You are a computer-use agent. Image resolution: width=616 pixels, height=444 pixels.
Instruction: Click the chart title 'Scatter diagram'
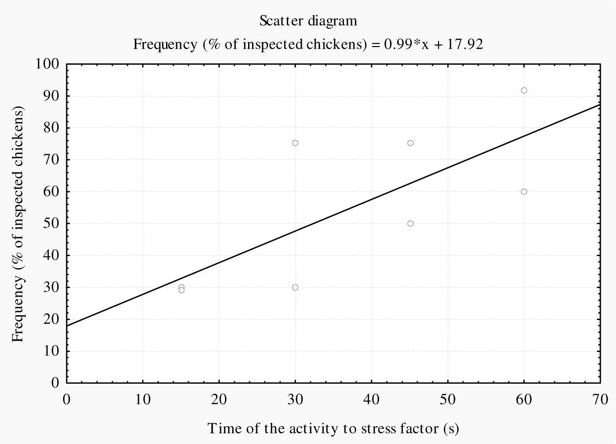point(308,21)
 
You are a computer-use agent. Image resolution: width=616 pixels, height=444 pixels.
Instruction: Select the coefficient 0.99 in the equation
point(396,44)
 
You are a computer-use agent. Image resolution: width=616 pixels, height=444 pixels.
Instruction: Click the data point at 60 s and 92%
point(524,91)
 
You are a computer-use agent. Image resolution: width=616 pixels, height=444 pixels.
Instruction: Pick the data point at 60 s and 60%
point(524,192)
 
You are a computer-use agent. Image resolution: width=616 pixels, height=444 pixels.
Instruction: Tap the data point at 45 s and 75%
point(410,143)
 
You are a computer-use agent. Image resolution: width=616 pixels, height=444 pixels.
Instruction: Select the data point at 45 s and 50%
point(410,224)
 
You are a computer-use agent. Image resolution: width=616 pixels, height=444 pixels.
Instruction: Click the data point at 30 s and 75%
point(295,143)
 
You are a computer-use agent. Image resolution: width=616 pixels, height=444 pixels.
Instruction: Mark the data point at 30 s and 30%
point(295,287)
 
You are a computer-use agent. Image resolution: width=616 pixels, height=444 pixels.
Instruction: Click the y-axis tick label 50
point(51,224)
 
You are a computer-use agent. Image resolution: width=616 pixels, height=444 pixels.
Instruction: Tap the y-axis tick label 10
point(51,351)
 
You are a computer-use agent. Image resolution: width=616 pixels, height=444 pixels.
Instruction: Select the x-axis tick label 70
point(600,400)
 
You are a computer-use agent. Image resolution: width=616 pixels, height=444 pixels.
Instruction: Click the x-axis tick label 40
point(371,400)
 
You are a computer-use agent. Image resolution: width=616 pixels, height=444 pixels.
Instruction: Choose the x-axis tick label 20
point(219,400)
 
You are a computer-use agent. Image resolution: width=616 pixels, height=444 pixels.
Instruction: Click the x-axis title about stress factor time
point(333,428)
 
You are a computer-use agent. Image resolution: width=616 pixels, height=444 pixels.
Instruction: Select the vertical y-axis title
point(18,224)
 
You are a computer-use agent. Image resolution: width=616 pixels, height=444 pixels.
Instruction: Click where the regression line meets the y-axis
point(67,325)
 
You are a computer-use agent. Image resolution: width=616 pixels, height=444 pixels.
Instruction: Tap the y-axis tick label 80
point(51,128)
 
